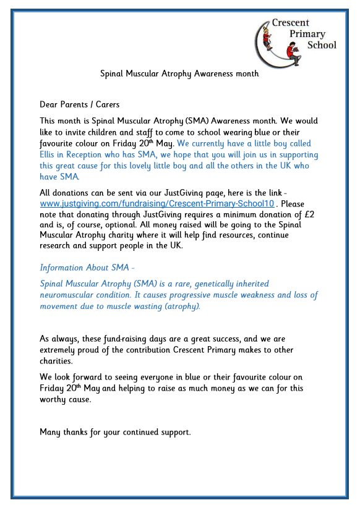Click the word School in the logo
(x=322, y=45)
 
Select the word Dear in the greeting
(x=50, y=104)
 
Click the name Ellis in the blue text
(x=50, y=155)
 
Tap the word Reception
(x=92, y=155)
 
